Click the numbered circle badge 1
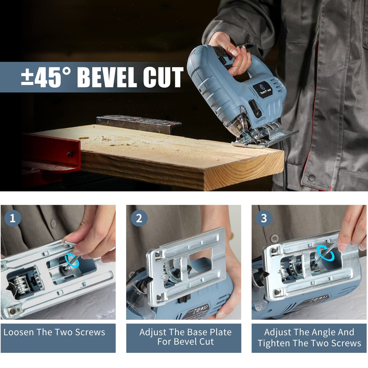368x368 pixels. tap(12, 218)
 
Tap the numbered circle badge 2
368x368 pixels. tap(139, 218)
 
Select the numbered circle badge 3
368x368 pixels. tap(264, 218)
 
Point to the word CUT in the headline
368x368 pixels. tap(163, 77)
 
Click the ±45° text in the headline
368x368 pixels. tap(46, 77)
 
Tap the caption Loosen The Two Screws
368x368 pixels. tap(54, 332)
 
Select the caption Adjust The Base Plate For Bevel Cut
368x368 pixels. tap(185, 337)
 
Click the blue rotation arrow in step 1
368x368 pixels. tap(72, 260)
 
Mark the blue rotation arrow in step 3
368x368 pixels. tap(325, 253)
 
